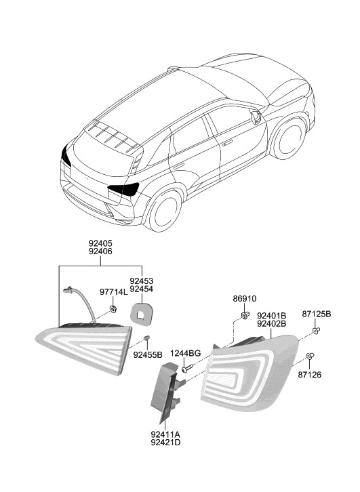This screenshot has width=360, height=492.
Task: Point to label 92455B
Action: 148,354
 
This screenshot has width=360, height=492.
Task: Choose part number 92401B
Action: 271,314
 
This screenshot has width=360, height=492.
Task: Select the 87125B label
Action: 317,314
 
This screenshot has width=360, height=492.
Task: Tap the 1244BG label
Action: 185,353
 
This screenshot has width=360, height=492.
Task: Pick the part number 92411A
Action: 166,434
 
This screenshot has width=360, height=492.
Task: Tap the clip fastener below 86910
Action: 245,315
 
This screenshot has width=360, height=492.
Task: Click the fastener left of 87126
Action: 309,356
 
